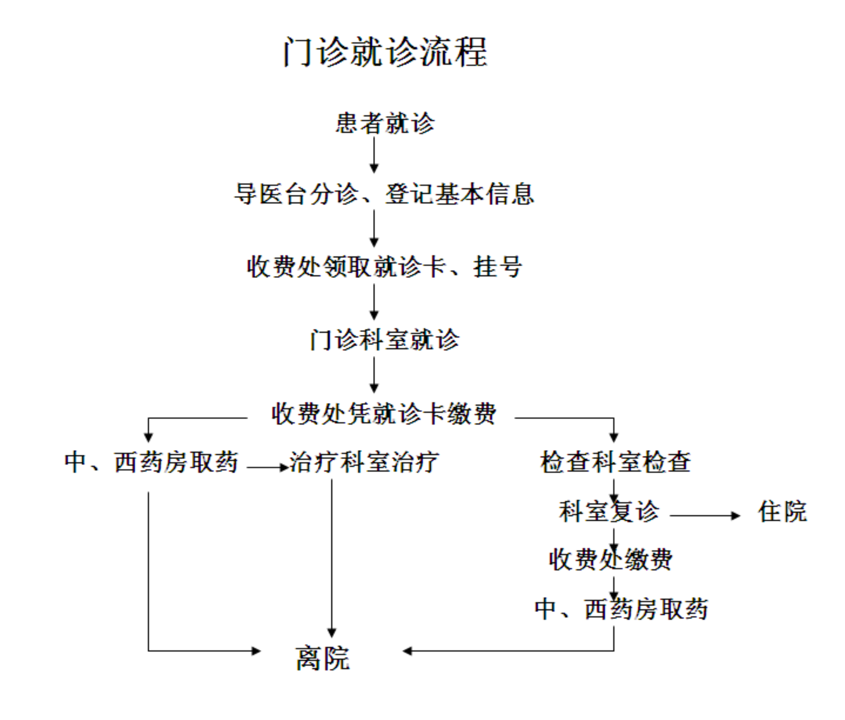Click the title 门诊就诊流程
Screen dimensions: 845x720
pyautogui.click(x=385, y=51)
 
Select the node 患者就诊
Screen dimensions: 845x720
pyautogui.click(x=385, y=123)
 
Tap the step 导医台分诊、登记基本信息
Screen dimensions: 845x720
pyautogui.click(x=384, y=194)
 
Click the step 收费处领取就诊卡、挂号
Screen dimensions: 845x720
pyautogui.click(x=384, y=267)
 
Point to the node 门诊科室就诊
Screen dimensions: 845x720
pyautogui.click(x=384, y=340)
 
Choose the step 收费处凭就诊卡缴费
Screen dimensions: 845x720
pyautogui.click(x=384, y=414)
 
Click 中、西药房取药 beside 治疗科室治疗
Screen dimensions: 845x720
pyautogui.click(x=151, y=462)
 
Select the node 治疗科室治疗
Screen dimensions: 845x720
pyautogui.click(x=364, y=462)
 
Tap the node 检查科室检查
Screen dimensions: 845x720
pyautogui.click(x=615, y=462)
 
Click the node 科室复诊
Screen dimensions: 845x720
pyautogui.click(x=609, y=511)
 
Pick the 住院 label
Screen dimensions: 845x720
pyautogui.click(x=782, y=511)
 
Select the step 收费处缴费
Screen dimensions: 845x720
pyautogui.click(x=610, y=560)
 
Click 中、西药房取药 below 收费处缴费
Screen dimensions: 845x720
pyautogui.click(x=621, y=609)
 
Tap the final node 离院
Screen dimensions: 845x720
pyautogui.click(x=323, y=658)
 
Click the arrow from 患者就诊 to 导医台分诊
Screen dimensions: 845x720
pyautogui.click(x=374, y=155)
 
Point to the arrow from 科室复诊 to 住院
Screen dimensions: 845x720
pyautogui.click(x=705, y=515)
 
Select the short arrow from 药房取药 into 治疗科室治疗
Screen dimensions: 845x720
pyautogui.click(x=268, y=467)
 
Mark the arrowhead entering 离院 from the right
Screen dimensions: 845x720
pyautogui.click(x=407, y=651)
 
